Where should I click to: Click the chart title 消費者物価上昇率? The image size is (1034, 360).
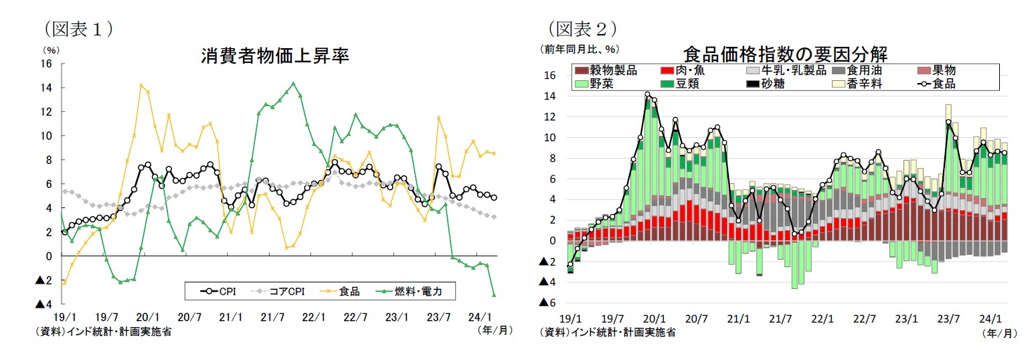[x=275, y=56]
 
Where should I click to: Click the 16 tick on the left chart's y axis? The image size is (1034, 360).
[x=46, y=64]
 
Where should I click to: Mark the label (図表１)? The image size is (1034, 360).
[x=77, y=29]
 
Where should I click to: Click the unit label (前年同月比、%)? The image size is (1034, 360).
[x=580, y=49]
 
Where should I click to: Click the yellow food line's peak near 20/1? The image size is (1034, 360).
[x=141, y=85]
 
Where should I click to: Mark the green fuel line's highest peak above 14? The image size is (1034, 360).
[x=293, y=84]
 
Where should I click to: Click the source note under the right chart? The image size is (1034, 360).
[x=608, y=332]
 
